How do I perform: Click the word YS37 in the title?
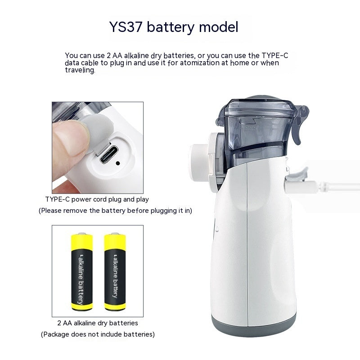click(x=126, y=27)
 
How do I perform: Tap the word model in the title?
click(x=219, y=27)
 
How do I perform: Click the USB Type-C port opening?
click(x=109, y=154)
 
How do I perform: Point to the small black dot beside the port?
click(x=118, y=163)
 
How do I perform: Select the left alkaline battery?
click(x=82, y=272)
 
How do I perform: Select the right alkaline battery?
click(x=115, y=272)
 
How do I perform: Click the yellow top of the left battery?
click(x=82, y=242)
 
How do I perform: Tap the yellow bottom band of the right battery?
click(x=115, y=306)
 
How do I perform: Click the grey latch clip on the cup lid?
click(x=299, y=124)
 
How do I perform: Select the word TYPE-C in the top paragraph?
click(x=275, y=55)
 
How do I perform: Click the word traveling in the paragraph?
click(x=80, y=70)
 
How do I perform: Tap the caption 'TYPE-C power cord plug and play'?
click(x=97, y=199)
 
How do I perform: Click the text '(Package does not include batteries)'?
click(x=98, y=334)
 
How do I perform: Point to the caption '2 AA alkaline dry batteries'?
click(x=98, y=323)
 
